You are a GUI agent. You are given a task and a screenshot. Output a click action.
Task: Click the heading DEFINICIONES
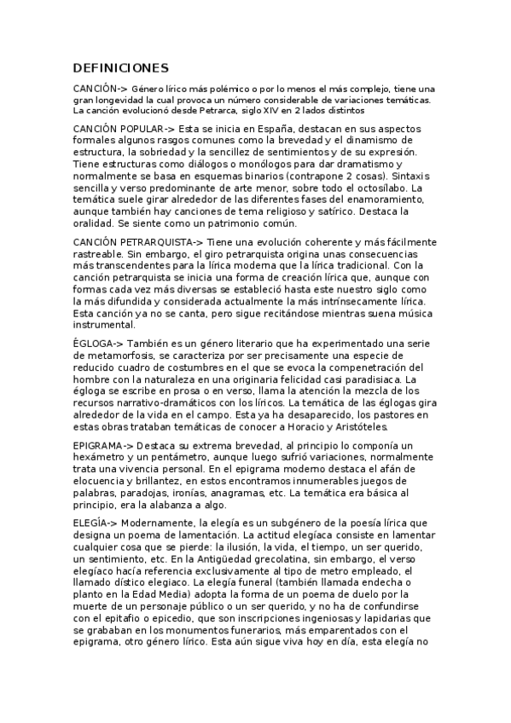[120, 68]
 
